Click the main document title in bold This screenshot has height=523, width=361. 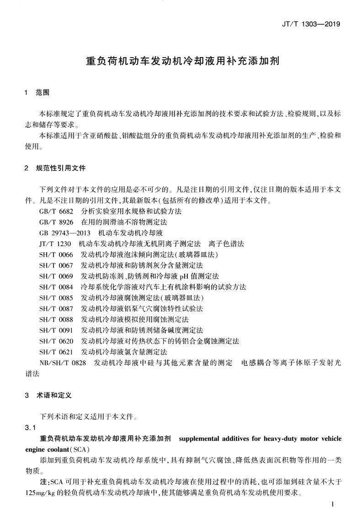[x=183, y=61]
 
